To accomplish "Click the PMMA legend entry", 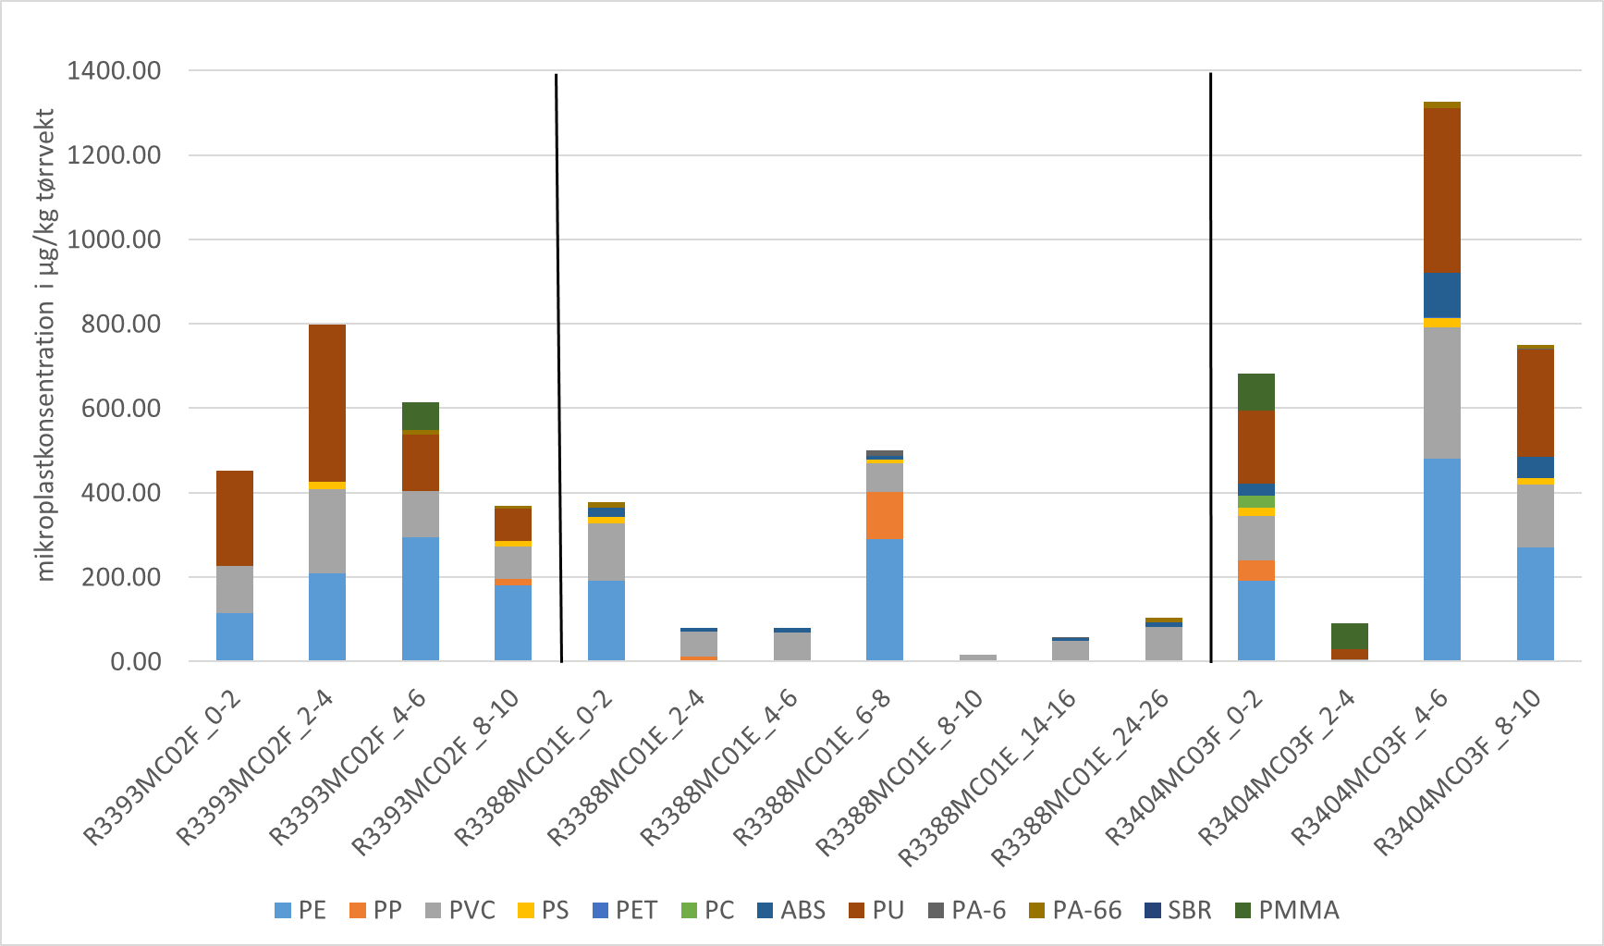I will [1287, 910].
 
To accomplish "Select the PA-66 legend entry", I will [1075, 910].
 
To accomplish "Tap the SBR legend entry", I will [1178, 910].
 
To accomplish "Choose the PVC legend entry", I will [460, 910].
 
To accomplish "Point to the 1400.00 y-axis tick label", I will [114, 70].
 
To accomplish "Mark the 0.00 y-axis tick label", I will [135, 661].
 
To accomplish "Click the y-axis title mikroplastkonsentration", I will [46, 345].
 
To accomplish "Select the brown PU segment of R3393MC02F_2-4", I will [327, 402].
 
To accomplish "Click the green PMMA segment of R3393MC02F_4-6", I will [421, 415].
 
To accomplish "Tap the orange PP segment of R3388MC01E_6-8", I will [885, 515].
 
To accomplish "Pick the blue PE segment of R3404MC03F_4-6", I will [1442, 559].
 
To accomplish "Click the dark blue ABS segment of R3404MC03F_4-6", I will [1442, 295].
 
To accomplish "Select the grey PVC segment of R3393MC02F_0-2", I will [235, 589].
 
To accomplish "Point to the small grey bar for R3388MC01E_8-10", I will [978, 657].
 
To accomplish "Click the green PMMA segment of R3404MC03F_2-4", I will [1349, 635].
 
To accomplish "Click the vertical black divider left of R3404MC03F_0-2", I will [1211, 370].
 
